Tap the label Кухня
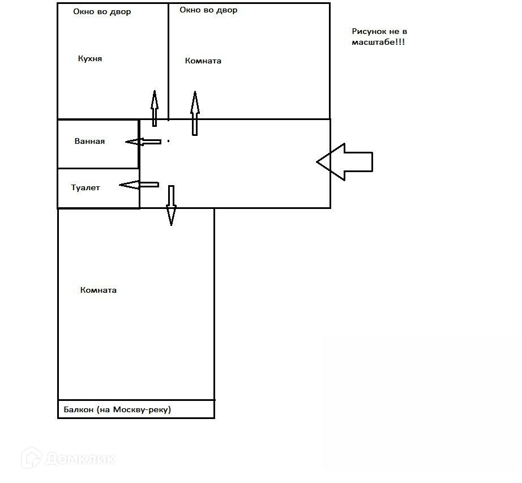90,58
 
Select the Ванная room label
89,141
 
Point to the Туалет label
85,187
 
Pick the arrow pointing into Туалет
139,185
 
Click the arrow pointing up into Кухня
154,108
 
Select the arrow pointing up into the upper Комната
195,113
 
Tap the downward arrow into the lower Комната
171,206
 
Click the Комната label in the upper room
203,61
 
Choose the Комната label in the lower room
99,290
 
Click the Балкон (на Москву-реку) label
117,409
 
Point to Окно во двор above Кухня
102,11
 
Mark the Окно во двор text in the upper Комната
208,10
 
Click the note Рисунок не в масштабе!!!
379,37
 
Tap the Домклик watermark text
81,458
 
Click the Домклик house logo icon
32,458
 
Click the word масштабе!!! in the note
378,42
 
